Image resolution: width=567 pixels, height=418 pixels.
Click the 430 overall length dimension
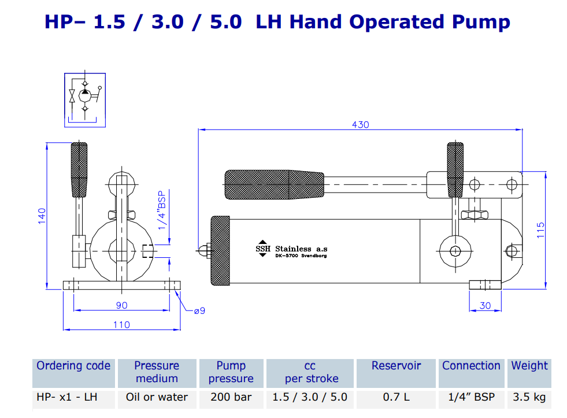pyautogui.click(x=360, y=124)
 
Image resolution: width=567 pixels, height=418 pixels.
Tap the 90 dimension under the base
pyautogui.click(x=121, y=305)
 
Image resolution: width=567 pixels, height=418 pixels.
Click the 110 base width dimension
pyautogui.click(x=121, y=325)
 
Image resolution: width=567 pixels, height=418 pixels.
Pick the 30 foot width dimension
pyautogui.click(x=485, y=305)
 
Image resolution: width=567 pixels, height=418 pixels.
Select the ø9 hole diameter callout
pyautogui.click(x=199, y=311)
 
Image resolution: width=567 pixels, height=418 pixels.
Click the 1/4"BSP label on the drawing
pyautogui.click(x=162, y=209)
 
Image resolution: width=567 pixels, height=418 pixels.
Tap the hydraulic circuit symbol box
pyautogui.click(x=84, y=99)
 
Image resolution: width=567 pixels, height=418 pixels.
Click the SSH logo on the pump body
pyautogui.click(x=263, y=248)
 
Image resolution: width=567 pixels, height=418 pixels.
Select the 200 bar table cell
pyautogui.click(x=231, y=397)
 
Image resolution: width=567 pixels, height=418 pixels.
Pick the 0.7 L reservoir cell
pyautogui.click(x=396, y=397)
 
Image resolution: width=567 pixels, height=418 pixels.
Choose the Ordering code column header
pyautogui.click(x=73, y=366)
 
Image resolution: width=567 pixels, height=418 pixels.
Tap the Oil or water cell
pyautogui.click(x=157, y=397)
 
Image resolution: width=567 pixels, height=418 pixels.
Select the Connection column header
pyautogui.click(x=471, y=366)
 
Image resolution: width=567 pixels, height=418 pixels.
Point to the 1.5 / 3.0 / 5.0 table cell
pyautogui.click(x=309, y=397)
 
